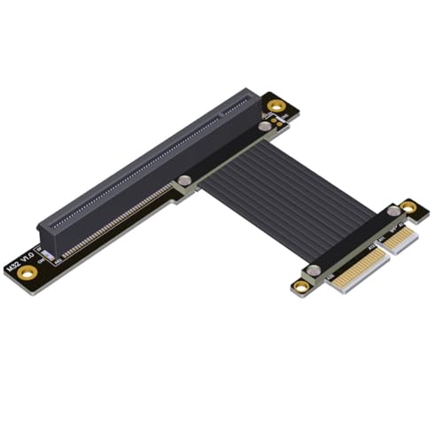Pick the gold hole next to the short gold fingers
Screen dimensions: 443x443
pos(301,285)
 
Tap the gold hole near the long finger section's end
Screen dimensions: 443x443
pos(408,206)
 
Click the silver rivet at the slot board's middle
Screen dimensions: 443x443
pos(183,181)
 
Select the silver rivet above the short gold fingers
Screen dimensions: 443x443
pos(313,268)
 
